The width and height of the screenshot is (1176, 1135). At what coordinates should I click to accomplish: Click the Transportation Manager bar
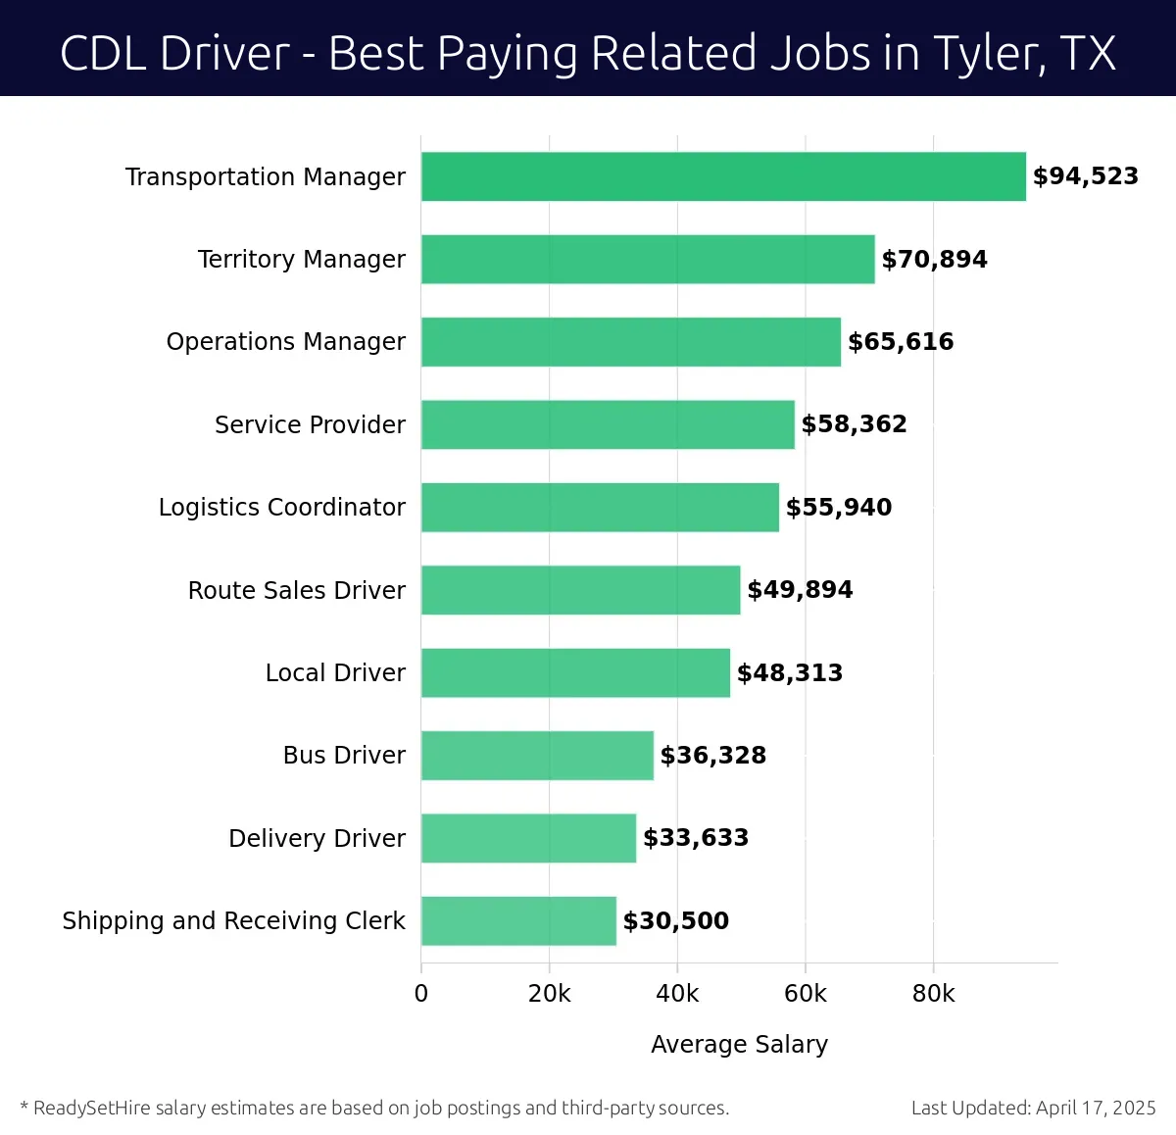tap(723, 176)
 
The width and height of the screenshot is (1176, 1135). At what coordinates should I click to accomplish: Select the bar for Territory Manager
tap(648, 259)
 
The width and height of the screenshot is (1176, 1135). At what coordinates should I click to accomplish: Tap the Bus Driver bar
tap(537, 756)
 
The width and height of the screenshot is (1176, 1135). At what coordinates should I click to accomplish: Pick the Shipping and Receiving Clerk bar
tap(518, 921)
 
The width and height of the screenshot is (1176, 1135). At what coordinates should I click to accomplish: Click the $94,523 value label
tap(1085, 176)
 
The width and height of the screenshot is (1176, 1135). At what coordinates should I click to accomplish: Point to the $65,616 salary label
tap(901, 342)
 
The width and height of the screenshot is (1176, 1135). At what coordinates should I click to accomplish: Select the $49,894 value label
tap(800, 590)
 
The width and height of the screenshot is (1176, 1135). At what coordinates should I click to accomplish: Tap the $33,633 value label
tap(696, 838)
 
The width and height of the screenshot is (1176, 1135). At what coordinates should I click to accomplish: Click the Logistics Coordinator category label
tap(281, 508)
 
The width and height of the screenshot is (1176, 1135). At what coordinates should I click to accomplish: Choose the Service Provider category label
tap(310, 424)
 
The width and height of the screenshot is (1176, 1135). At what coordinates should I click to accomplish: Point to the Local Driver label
tap(335, 673)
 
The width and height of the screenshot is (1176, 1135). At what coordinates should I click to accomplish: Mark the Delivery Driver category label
tap(317, 839)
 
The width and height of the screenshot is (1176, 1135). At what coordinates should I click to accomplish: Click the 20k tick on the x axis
tap(549, 994)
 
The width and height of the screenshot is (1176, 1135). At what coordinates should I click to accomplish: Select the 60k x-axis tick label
tap(805, 994)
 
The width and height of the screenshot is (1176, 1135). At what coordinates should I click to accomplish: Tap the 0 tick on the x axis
tap(421, 994)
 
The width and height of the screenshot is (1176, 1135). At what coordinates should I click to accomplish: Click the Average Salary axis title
tap(739, 1045)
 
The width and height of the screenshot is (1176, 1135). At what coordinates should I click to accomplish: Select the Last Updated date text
tap(1033, 1109)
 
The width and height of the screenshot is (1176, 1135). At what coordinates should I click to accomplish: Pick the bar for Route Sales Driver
tap(580, 590)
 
